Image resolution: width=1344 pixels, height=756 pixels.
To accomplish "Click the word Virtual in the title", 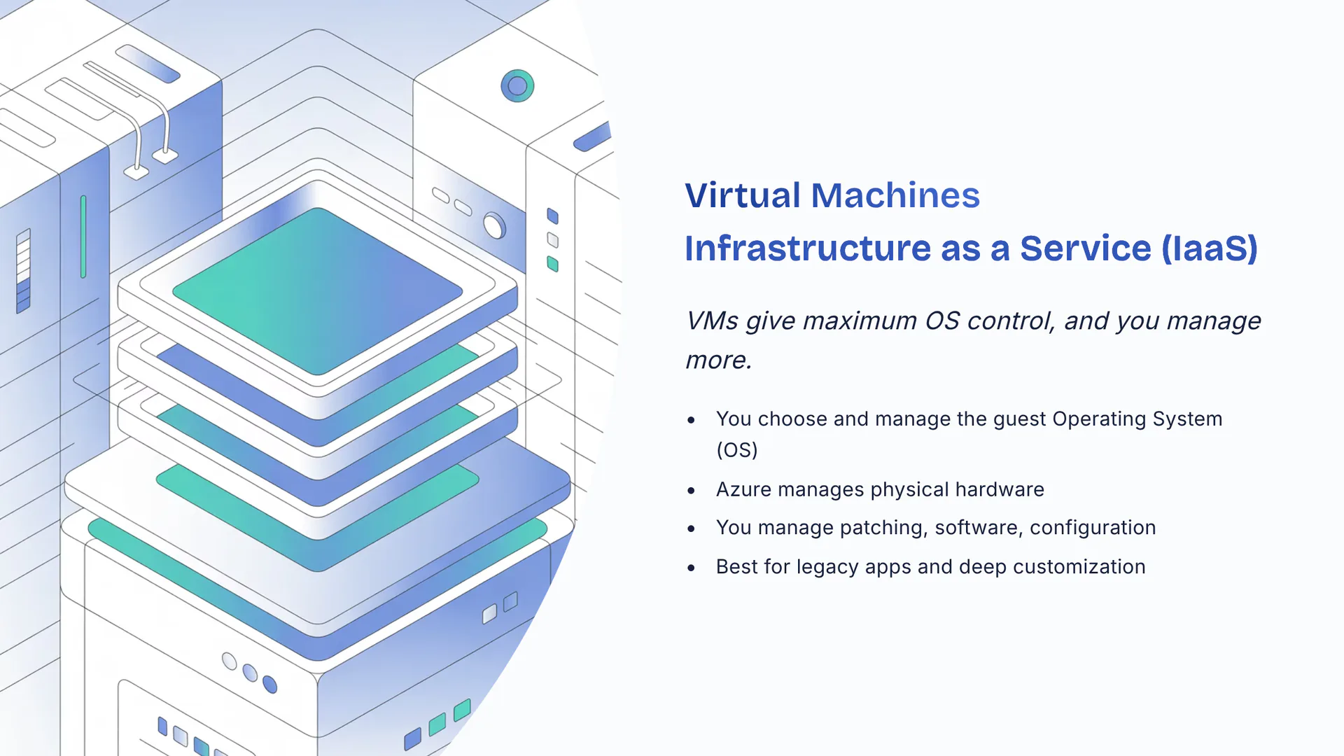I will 742,195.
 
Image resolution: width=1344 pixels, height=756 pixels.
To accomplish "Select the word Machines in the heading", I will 895,195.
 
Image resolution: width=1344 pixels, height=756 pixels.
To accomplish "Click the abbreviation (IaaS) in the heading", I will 1209,248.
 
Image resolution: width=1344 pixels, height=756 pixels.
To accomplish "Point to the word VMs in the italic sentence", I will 712,321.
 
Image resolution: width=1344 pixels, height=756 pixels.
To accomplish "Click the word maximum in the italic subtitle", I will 859,321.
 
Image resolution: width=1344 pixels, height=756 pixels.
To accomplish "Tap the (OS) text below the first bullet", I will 737,449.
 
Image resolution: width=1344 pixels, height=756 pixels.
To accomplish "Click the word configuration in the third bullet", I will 1092,527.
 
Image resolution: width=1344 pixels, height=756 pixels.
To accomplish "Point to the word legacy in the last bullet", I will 827,566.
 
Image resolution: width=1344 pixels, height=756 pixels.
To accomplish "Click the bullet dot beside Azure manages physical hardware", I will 692,490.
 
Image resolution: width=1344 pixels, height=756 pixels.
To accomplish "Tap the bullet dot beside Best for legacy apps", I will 692,568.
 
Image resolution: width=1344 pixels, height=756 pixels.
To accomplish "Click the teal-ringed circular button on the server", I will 517,86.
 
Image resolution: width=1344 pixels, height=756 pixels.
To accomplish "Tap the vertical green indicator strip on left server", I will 83,237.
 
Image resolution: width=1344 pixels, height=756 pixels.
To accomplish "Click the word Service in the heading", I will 1085,248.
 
